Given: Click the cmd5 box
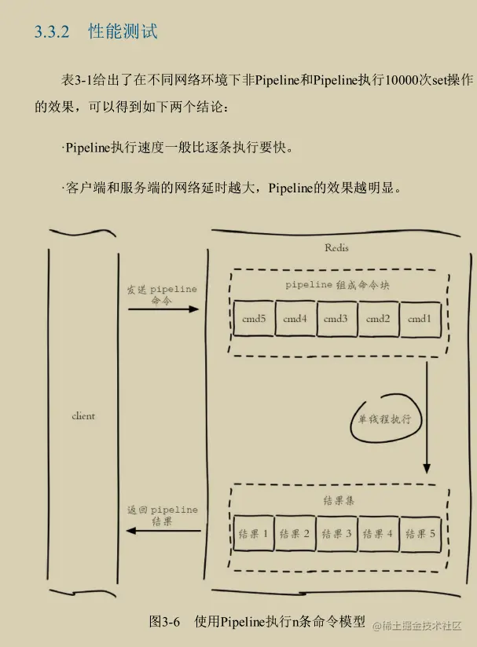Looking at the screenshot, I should (x=254, y=319).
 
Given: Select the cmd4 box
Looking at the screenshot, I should (x=295, y=319).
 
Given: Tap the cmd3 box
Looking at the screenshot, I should (x=336, y=319).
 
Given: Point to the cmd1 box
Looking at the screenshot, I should (x=419, y=319).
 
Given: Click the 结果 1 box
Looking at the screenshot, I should (x=253, y=534).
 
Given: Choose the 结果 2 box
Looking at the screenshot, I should (x=295, y=534).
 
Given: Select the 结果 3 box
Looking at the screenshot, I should (x=336, y=534).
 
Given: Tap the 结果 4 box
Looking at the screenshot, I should (x=378, y=534).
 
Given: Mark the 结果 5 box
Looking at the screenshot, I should (x=420, y=534).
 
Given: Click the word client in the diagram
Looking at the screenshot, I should (x=83, y=415).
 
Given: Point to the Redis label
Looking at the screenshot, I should (x=336, y=248).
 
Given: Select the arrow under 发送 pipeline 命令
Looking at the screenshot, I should (x=163, y=309).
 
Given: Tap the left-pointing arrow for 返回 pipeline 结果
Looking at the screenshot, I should (x=163, y=531).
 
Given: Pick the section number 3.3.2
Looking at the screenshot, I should (x=52, y=32).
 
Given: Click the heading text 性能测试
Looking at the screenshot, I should (x=123, y=32).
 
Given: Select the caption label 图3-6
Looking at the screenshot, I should (x=165, y=621).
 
